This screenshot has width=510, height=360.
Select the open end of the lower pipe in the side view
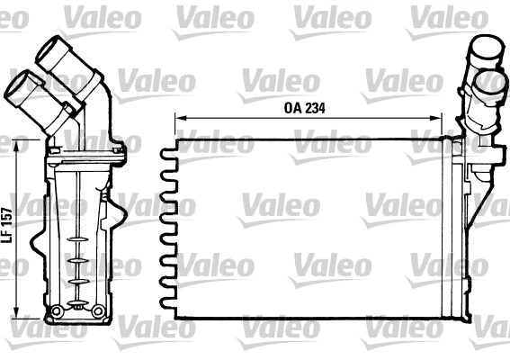click(x=18, y=87)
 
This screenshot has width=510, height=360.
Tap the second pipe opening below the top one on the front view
click(x=491, y=82)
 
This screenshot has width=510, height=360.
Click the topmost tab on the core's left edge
click(x=167, y=152)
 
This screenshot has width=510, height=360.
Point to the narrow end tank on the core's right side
click(x=459, y=229)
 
